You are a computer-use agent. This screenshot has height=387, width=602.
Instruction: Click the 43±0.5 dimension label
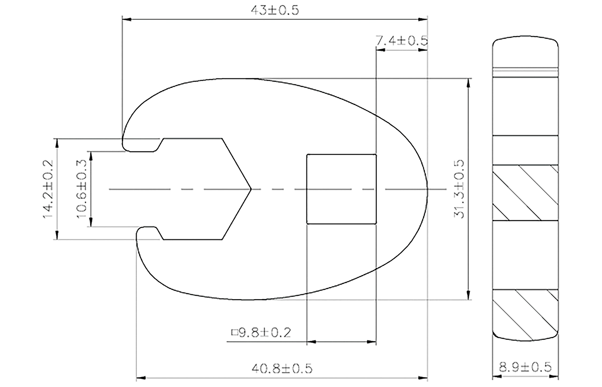click(x=275, y=11)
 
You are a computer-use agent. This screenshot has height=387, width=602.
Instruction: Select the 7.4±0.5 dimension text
click(x=401, y=41)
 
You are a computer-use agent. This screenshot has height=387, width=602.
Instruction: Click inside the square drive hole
click(x=341, y=189)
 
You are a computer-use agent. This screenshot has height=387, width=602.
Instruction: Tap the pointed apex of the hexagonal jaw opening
click(x=251, y=189)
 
